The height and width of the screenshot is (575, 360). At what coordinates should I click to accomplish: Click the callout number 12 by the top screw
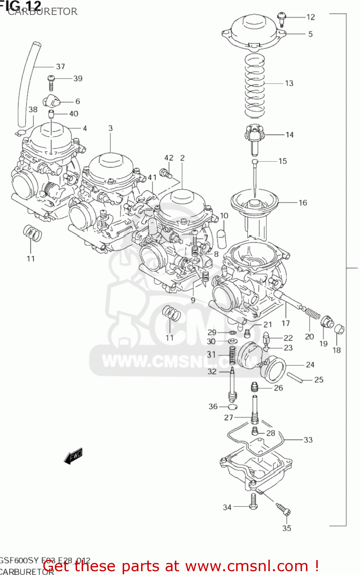coord(311,17)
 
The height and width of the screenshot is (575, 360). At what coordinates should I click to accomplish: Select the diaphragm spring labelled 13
coord(255,86)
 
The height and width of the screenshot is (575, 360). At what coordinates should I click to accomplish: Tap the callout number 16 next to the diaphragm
coord(303,203)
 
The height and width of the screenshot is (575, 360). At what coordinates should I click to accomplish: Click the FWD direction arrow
coord(73,456)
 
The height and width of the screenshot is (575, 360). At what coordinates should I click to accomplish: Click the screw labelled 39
coord(51,82)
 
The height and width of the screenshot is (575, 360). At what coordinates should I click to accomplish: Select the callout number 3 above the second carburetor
coord(110,128)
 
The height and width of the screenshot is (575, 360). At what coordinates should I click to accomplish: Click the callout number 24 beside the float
coord(310,365)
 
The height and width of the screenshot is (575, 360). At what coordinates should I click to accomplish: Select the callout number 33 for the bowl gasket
coord(308,440)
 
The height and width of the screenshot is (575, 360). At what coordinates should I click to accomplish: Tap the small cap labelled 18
coord(339,329)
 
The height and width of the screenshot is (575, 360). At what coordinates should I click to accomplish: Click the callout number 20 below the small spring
coord(309,337)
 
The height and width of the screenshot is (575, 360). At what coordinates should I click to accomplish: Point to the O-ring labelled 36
coord(233,407)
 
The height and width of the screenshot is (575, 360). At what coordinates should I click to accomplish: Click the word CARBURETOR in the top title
coord(43,11)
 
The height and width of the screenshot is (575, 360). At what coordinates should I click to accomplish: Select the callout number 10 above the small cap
coord(224,216)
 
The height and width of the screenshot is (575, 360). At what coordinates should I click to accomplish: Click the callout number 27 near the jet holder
coord(228,417)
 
